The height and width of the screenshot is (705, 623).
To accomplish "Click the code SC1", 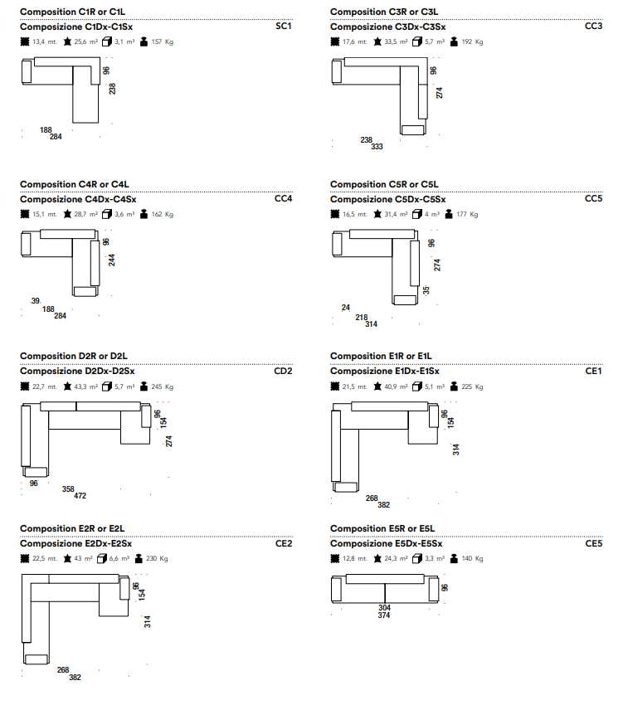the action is point(284,26).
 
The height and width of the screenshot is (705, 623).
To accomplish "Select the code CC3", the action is point(593,26).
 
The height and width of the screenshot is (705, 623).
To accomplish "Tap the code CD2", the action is point(283,371).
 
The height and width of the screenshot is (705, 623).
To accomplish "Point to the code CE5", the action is point(594,543).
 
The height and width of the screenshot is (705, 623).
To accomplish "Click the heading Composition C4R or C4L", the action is point(74,184).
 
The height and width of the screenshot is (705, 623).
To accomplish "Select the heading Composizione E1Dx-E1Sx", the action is point(385,372).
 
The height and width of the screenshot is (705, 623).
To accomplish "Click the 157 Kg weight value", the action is point(163,41).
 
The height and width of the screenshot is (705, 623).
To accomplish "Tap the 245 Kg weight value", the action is point(163,387).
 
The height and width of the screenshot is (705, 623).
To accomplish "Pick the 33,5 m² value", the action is point(396,41).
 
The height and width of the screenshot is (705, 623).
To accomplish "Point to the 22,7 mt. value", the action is point(45,387).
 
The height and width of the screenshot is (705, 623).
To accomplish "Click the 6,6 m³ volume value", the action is point(119,558).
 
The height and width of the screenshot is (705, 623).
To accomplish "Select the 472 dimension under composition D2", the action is point(80,495).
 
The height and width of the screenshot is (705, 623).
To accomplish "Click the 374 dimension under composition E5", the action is point(384,615).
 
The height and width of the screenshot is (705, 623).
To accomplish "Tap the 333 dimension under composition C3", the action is point(377,147).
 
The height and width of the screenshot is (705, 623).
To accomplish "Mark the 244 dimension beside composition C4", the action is point(111,260).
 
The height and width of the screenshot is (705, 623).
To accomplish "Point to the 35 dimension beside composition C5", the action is point(426,290).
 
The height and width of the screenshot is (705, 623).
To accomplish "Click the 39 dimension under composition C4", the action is point(36,301).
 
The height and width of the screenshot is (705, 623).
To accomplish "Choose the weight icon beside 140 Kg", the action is point(454,558).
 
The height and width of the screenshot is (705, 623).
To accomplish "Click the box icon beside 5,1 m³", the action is point(417,387).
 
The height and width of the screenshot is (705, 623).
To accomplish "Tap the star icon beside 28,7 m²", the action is point(67,214).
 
